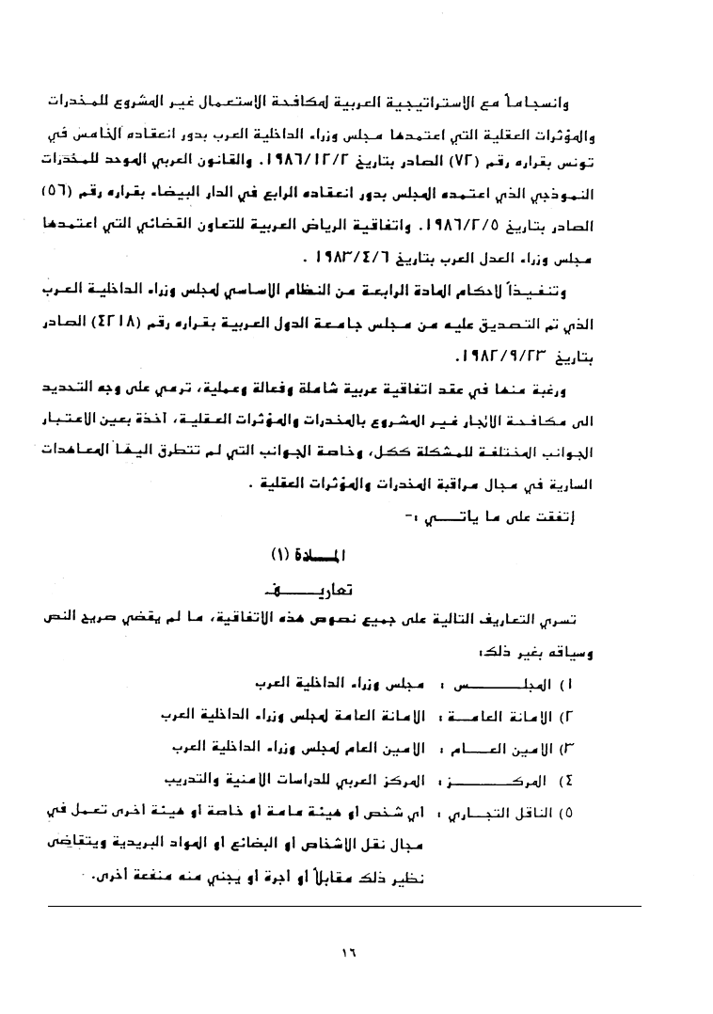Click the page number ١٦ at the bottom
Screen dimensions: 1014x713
tap(349, 953)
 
